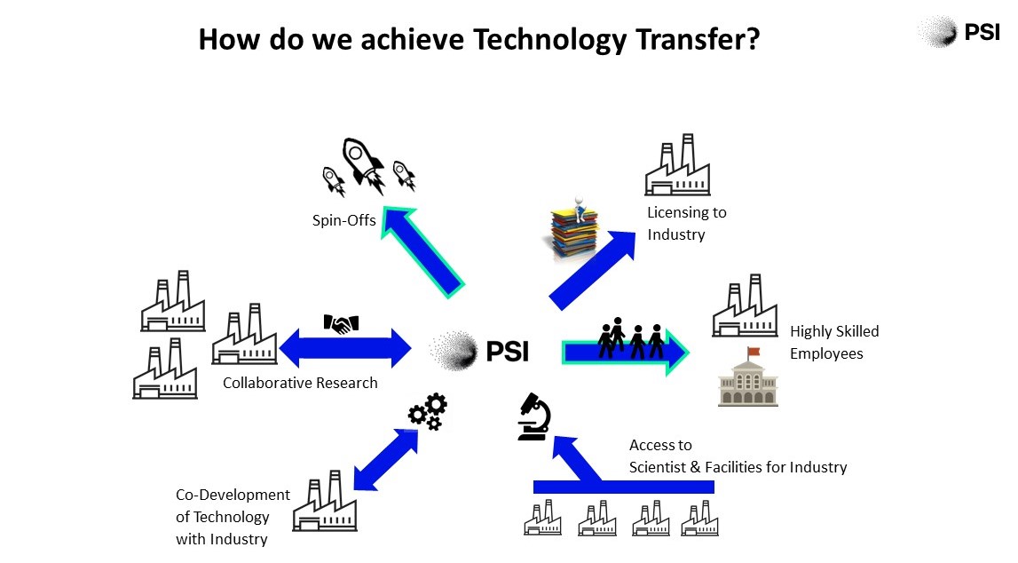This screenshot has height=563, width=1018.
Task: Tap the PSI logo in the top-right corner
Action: [x=959, y=32]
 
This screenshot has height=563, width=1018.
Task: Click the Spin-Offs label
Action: [x=344, y=220]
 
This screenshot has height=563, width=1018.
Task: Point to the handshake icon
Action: [x=341, y=323]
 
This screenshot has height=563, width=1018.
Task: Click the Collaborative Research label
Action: [x=300, y=383]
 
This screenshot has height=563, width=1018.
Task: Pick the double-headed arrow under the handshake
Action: [x=344, y=347]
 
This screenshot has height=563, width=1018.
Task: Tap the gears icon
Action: [x=428, y=412]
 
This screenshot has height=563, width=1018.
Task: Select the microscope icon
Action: [x=533, y=416]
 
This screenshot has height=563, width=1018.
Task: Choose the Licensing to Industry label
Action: [x=687, y=224]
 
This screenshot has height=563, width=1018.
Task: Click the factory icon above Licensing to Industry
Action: [x=677, y=165]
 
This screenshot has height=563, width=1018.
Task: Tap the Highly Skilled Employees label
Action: [x=834, y=342]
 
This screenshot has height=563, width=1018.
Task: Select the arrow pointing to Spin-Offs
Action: [x=422, y=252]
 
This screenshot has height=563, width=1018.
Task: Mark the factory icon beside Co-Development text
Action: [x=325, y=501]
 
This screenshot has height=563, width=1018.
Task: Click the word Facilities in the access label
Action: [x=740, y=468]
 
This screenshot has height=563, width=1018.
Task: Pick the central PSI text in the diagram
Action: [x=508, y=352]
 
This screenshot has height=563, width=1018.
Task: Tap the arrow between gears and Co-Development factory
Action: [x=386, y=459]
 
